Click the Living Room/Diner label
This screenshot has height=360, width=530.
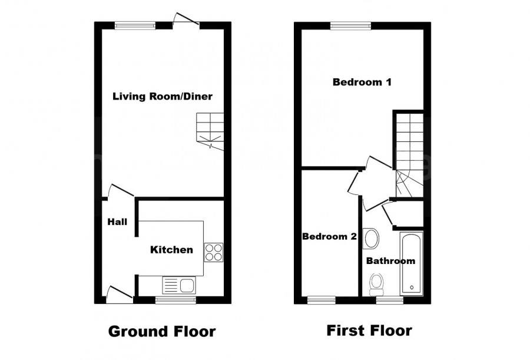[163, 96]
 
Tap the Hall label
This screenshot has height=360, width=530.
[117, 222]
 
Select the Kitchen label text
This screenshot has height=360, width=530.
[171, 250]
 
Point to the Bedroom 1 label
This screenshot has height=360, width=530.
[362, 82]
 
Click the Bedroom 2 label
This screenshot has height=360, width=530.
[329, 237]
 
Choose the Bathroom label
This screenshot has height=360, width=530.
[390, 260]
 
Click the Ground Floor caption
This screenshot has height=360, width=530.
[162, 331]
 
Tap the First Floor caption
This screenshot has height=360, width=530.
[369, 331]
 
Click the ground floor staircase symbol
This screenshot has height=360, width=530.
[210, 131]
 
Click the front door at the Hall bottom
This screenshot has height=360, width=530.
[120, 293]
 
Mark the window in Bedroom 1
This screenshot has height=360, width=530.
[350, 25]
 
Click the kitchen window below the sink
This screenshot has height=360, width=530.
[176, 300]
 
